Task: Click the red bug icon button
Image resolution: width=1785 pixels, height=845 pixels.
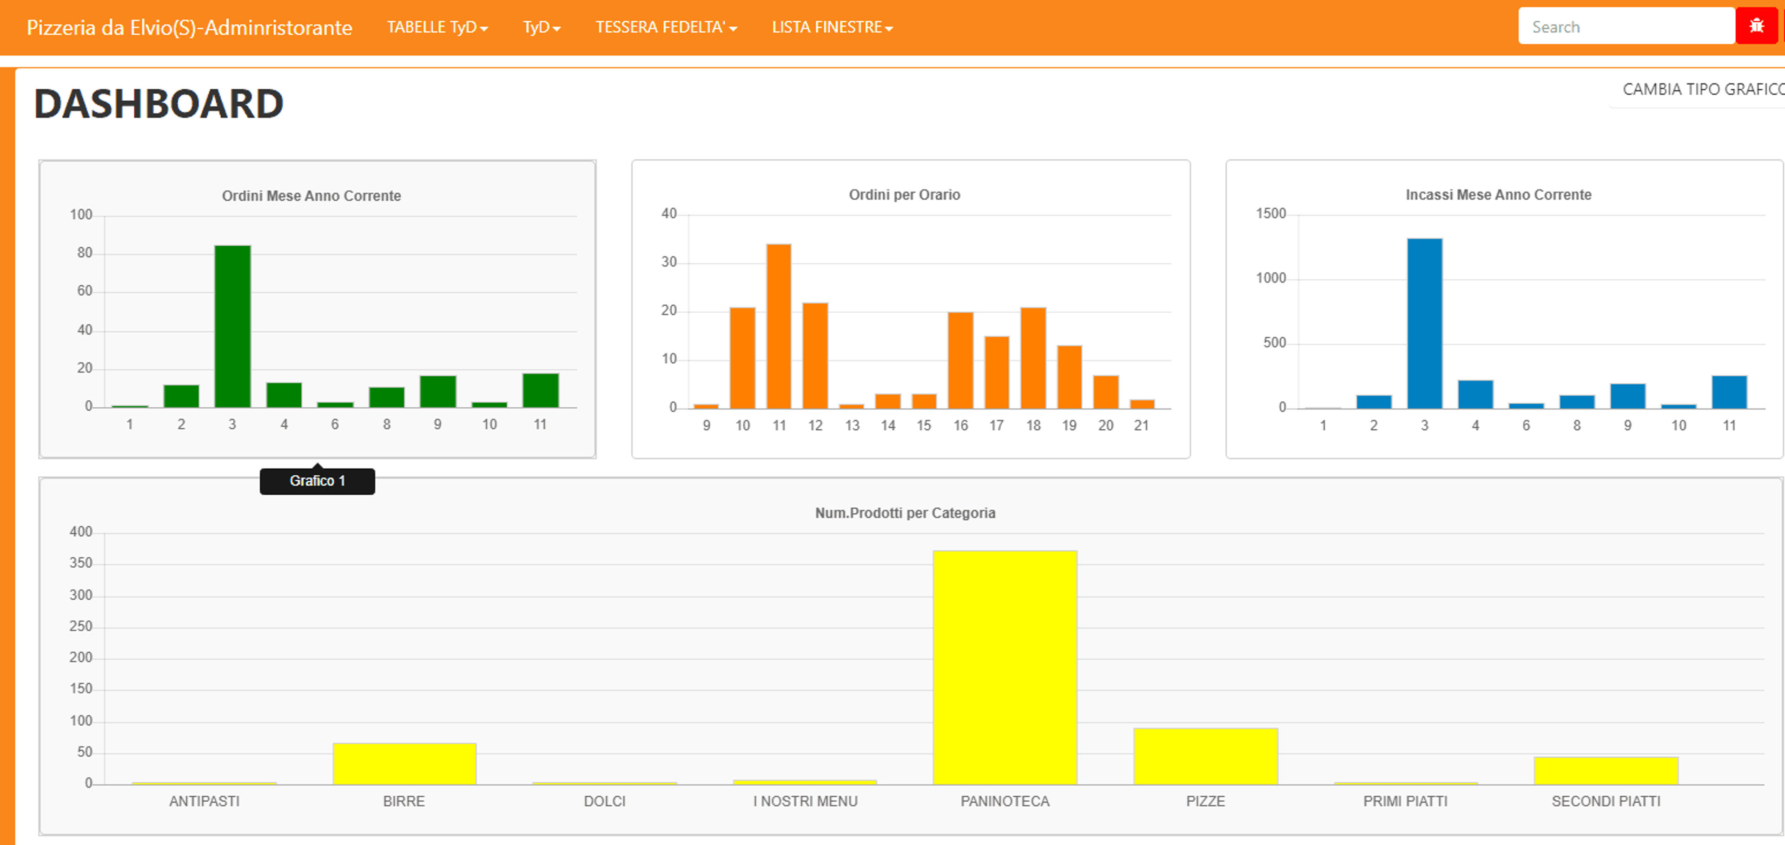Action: tap(1757, 26)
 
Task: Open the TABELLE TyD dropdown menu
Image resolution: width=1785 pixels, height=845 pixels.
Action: tap(437, 27)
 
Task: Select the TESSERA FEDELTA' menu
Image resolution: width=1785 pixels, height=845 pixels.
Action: tap(666, 27)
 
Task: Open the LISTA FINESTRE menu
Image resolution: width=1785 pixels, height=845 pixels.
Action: tap(832, 27)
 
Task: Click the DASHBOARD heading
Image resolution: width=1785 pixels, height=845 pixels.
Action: tap(159, 104)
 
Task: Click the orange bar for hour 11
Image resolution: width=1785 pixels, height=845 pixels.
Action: tap(779, 326)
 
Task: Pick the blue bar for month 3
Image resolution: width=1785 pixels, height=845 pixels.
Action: tap(1425, 323)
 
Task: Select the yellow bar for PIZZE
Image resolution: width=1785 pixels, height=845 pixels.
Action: tap(1206, 756)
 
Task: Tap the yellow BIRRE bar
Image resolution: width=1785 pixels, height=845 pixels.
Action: tap(405, 764)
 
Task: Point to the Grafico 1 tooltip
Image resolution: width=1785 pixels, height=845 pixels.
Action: tap(317, 481)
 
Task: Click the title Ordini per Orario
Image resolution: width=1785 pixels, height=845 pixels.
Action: tap(904, 195)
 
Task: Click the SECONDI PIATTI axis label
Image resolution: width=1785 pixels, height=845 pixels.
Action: tap(1606, 801)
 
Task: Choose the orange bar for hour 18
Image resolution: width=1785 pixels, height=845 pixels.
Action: tap(1033, 358)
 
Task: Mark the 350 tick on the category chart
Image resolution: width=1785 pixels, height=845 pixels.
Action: tap(80, 563)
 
